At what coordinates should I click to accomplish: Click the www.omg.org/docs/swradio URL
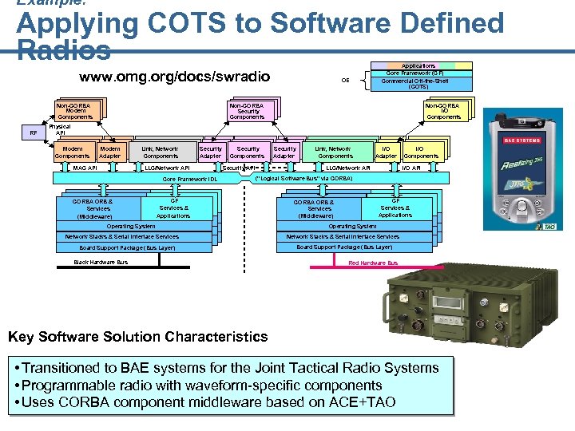click(175, 77)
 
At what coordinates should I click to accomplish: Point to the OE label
click(345, 80)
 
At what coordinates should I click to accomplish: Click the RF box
click(34, 133)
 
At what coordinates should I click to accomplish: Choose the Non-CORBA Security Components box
click(247, 111)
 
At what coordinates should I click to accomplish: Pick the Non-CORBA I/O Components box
click(443, 111)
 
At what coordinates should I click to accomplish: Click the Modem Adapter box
click(110, 152)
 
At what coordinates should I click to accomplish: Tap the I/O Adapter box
click(387, 152)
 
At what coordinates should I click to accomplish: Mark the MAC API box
click(85, 168)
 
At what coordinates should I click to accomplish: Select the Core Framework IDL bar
click(190, 180)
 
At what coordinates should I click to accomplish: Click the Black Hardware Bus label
click(101, 262)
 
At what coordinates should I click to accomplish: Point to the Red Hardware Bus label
click(373, 263)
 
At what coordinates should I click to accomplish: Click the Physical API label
click(60, 129)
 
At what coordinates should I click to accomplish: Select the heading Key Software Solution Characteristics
click(138, 336)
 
